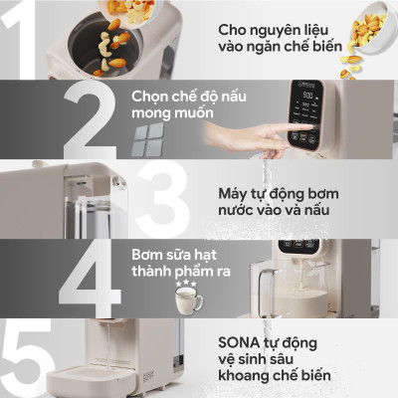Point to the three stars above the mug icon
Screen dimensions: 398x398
185,286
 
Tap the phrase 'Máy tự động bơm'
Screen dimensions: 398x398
275,192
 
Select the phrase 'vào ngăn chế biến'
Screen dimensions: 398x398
281,48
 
